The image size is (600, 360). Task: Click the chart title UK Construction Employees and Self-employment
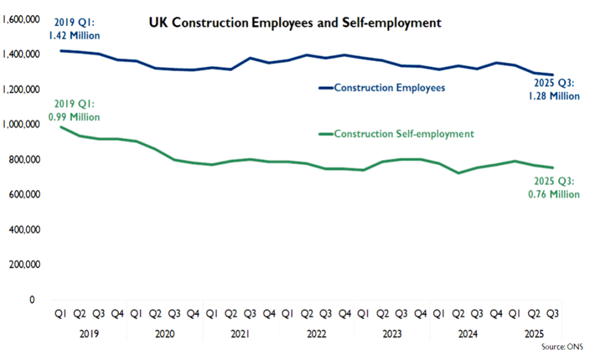[x=294, y=24]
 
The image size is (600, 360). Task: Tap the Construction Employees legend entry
[x=389, y=88]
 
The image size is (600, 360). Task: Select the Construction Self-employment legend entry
[x=404, y=134]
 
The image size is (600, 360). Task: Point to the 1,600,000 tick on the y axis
[x=21, y=19]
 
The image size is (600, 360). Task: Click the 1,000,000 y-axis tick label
[x=21, y=124]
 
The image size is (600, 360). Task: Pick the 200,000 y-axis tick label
[x=25, y=264]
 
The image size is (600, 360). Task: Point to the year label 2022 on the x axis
[x=317, y=334]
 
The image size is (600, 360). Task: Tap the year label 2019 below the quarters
[x=88, y=334]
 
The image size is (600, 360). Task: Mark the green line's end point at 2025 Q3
[x=552, y=168]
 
